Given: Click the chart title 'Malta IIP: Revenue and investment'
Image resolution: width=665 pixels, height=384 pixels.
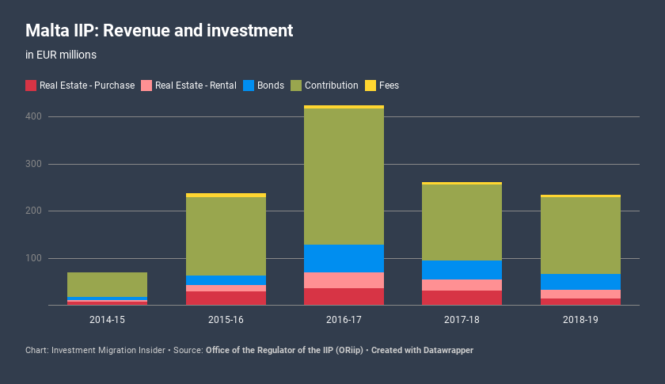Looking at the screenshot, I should pyautogui.click(x=159, y=31).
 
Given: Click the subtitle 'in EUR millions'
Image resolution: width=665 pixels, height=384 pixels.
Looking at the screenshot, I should pyautogui.click(x=61, y=55).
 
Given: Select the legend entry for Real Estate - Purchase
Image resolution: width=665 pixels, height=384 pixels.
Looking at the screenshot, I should pyautogui.click(x=80, y=86).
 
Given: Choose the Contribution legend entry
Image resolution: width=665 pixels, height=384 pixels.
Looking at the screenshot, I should pyautogui.click(x=325, y=86).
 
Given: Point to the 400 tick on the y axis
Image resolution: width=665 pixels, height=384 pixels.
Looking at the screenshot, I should pyautogui.click(x=33, y=116).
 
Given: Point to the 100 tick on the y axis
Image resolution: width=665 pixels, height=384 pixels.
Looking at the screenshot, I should pyautogui.click(x=33, y=258).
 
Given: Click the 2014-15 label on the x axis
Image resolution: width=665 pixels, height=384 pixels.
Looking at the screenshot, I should pyautogui.click(x=107, y=319).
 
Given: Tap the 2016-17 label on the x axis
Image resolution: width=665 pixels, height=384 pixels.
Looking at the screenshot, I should pyautogui.click(x=344, y=319).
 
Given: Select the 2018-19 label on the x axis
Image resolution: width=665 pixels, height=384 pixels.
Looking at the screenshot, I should pyautogui.click(x=580, y=319).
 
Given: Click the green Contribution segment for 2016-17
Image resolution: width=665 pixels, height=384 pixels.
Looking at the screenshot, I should pyautogui.click(x=344, y=177).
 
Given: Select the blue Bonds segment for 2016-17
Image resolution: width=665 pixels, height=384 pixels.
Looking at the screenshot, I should pyautogui.click(x=344, y=258).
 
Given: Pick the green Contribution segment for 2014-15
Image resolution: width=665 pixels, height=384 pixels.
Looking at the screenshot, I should pyautogui.click(x=107, y=284).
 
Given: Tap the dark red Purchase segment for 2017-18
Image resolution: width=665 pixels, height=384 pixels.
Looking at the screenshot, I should pyautogui.click(x=462, y=298).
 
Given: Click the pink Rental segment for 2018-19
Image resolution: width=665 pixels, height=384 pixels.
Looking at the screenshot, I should pyautogui.click(x=580, y=294).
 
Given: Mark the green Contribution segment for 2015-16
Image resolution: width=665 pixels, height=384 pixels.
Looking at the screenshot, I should pyautogui.click(x=226, y=236).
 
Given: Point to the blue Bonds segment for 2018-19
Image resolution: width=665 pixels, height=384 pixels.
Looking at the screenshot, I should pyautogui.click(x=580, y=282).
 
